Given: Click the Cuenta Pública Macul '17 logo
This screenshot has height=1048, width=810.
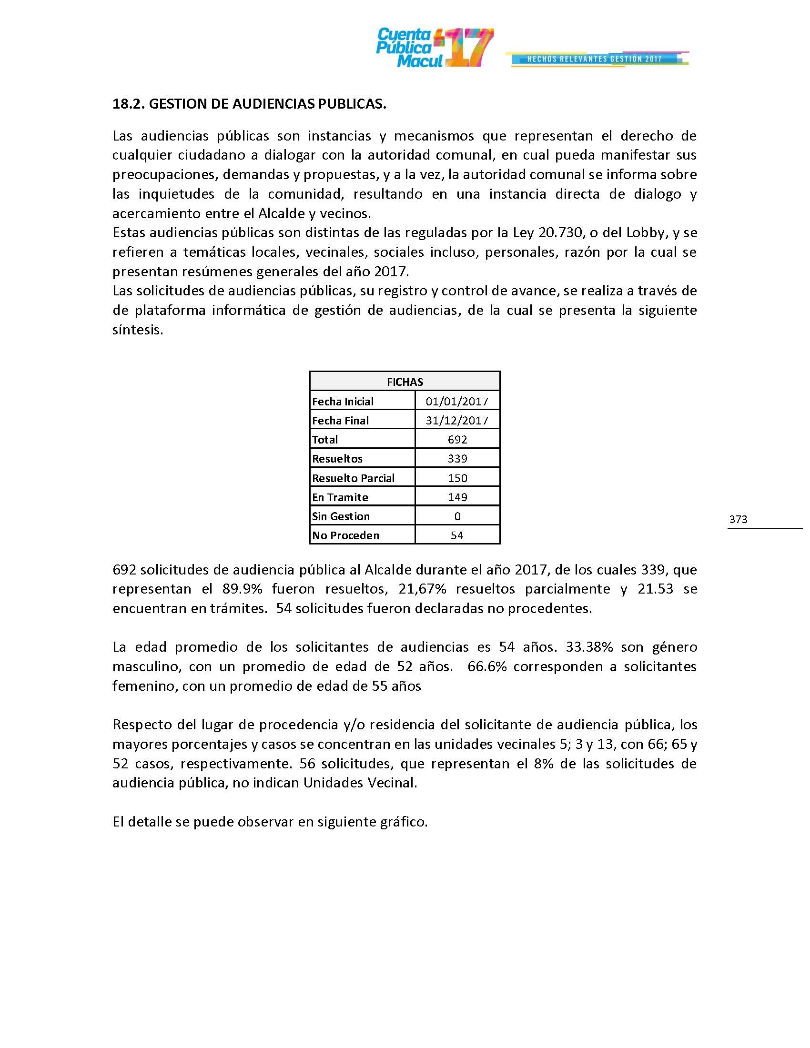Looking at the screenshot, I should click(434, 48).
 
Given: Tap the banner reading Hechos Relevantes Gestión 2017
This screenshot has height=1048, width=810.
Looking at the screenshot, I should click(595, 59).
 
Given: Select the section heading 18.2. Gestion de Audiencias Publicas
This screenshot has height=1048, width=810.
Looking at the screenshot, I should click(249, 104).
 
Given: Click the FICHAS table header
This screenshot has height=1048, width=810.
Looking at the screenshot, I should click(405, 382).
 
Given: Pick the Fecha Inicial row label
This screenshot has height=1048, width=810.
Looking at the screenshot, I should click(343, 401).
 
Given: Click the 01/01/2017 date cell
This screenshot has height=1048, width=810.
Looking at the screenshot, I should click(457, 401).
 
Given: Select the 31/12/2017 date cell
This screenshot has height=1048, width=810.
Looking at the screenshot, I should click(457, 420).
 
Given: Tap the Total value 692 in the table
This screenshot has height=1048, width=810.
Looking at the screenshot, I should click(457, 440).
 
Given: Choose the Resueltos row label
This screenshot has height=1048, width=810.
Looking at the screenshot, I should click(337, 459).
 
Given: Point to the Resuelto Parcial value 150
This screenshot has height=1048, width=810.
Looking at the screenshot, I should click(457, 478).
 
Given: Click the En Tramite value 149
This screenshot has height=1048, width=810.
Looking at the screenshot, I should click(457, 497).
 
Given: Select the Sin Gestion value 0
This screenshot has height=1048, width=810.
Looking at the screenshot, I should click(457, 516).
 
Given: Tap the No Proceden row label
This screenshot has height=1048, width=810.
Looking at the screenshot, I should click(345, 535).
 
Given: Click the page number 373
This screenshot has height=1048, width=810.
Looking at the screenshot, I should click(738, 519).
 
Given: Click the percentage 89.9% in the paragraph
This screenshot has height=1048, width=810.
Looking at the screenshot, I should click(240, 589).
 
